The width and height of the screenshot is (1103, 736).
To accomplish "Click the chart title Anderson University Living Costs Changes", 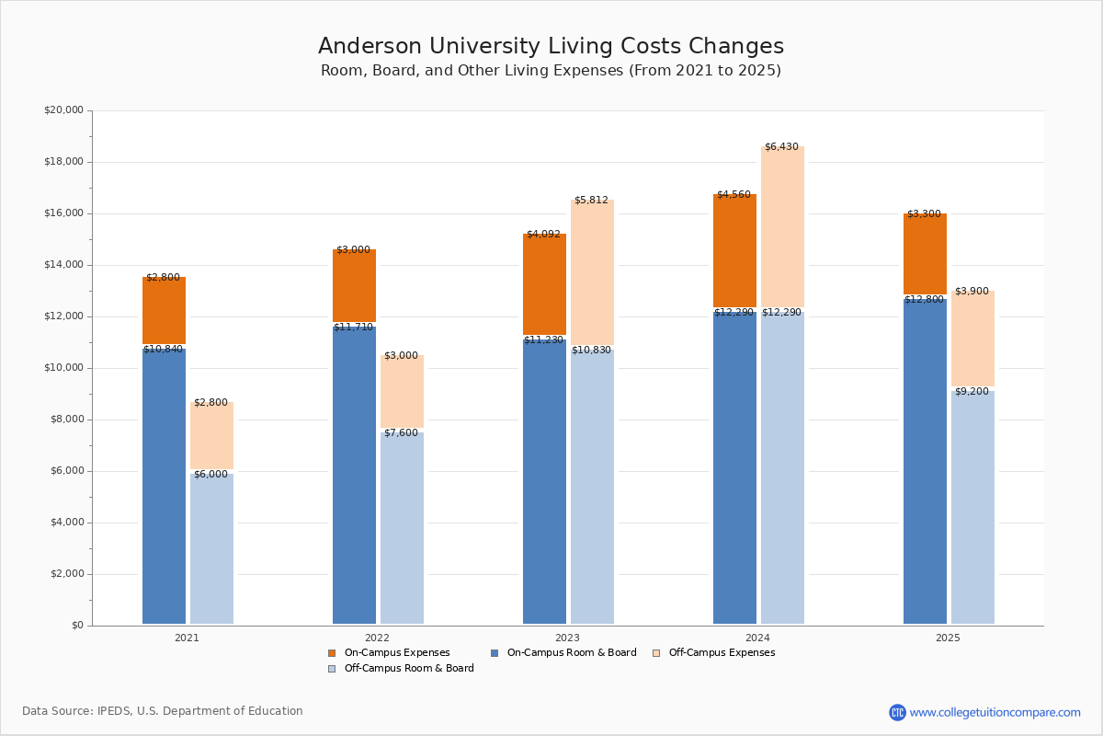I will (x=551, y=47).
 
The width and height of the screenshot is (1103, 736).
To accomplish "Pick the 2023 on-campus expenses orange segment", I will (x=544, y=284).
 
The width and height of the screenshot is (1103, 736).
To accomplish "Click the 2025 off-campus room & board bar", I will (x=972, y=507).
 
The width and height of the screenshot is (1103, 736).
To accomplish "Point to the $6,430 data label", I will (x=781, y=147).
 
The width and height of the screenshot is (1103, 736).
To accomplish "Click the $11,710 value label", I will (x=354, y=328).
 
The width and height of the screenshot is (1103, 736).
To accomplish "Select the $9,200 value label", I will (x=972, y=392).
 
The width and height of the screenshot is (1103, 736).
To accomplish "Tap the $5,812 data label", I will (x=591, y=201).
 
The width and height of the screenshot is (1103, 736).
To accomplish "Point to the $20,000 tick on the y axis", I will (x=63, y=110).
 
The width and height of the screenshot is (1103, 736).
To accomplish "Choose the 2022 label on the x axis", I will (x=377, y=638).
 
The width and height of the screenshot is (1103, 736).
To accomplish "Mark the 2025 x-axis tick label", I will (x=948, y=638).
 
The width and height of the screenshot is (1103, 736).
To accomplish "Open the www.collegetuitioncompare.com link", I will (x=995, y=712).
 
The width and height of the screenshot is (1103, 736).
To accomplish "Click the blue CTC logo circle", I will (x=897, y=712).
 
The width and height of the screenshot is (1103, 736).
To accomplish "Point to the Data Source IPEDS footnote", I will (x=163, y=711).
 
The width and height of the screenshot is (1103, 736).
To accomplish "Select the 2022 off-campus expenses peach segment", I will (x=402, y=392).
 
